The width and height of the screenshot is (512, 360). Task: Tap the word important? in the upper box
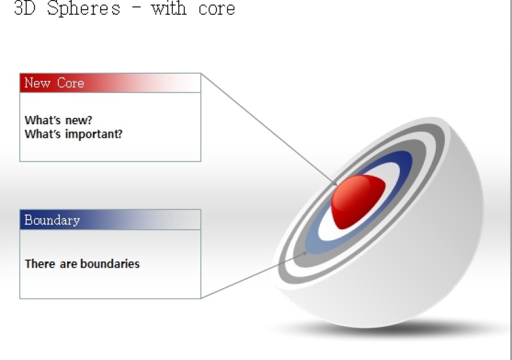click(95, 135)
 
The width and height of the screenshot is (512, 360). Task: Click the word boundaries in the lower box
click(109, 263)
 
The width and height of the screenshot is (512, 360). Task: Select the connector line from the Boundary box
click(250, 277)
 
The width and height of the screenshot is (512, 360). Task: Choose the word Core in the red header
click(70, 83)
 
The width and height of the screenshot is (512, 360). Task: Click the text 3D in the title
click(24, 9)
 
